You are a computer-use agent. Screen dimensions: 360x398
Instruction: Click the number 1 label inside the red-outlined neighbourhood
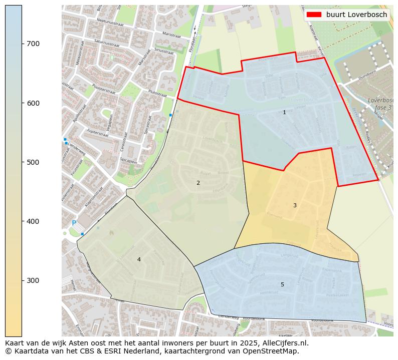click(284, 113)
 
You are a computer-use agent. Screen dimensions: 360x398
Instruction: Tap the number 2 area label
click(198, 183)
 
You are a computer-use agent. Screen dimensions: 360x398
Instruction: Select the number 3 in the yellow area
click(295, 205)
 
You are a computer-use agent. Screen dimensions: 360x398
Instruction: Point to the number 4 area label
click(139, 259)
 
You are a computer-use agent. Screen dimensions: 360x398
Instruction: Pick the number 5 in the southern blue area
click(282, 284)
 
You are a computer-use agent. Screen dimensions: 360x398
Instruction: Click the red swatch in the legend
click(314, 15)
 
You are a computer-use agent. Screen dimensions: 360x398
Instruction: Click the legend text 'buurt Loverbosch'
click(356, 15)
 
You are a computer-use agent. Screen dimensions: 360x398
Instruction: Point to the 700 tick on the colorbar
click(34, 44)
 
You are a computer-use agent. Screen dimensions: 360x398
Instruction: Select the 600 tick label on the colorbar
click(34, 103)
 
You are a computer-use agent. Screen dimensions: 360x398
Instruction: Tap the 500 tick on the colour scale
click(34, 162)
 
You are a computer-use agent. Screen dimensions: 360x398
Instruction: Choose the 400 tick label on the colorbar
click(34, 221)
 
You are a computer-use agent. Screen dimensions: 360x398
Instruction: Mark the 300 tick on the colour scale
click(34, 280)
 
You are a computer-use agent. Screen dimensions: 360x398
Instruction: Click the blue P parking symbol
click(74, 223)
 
